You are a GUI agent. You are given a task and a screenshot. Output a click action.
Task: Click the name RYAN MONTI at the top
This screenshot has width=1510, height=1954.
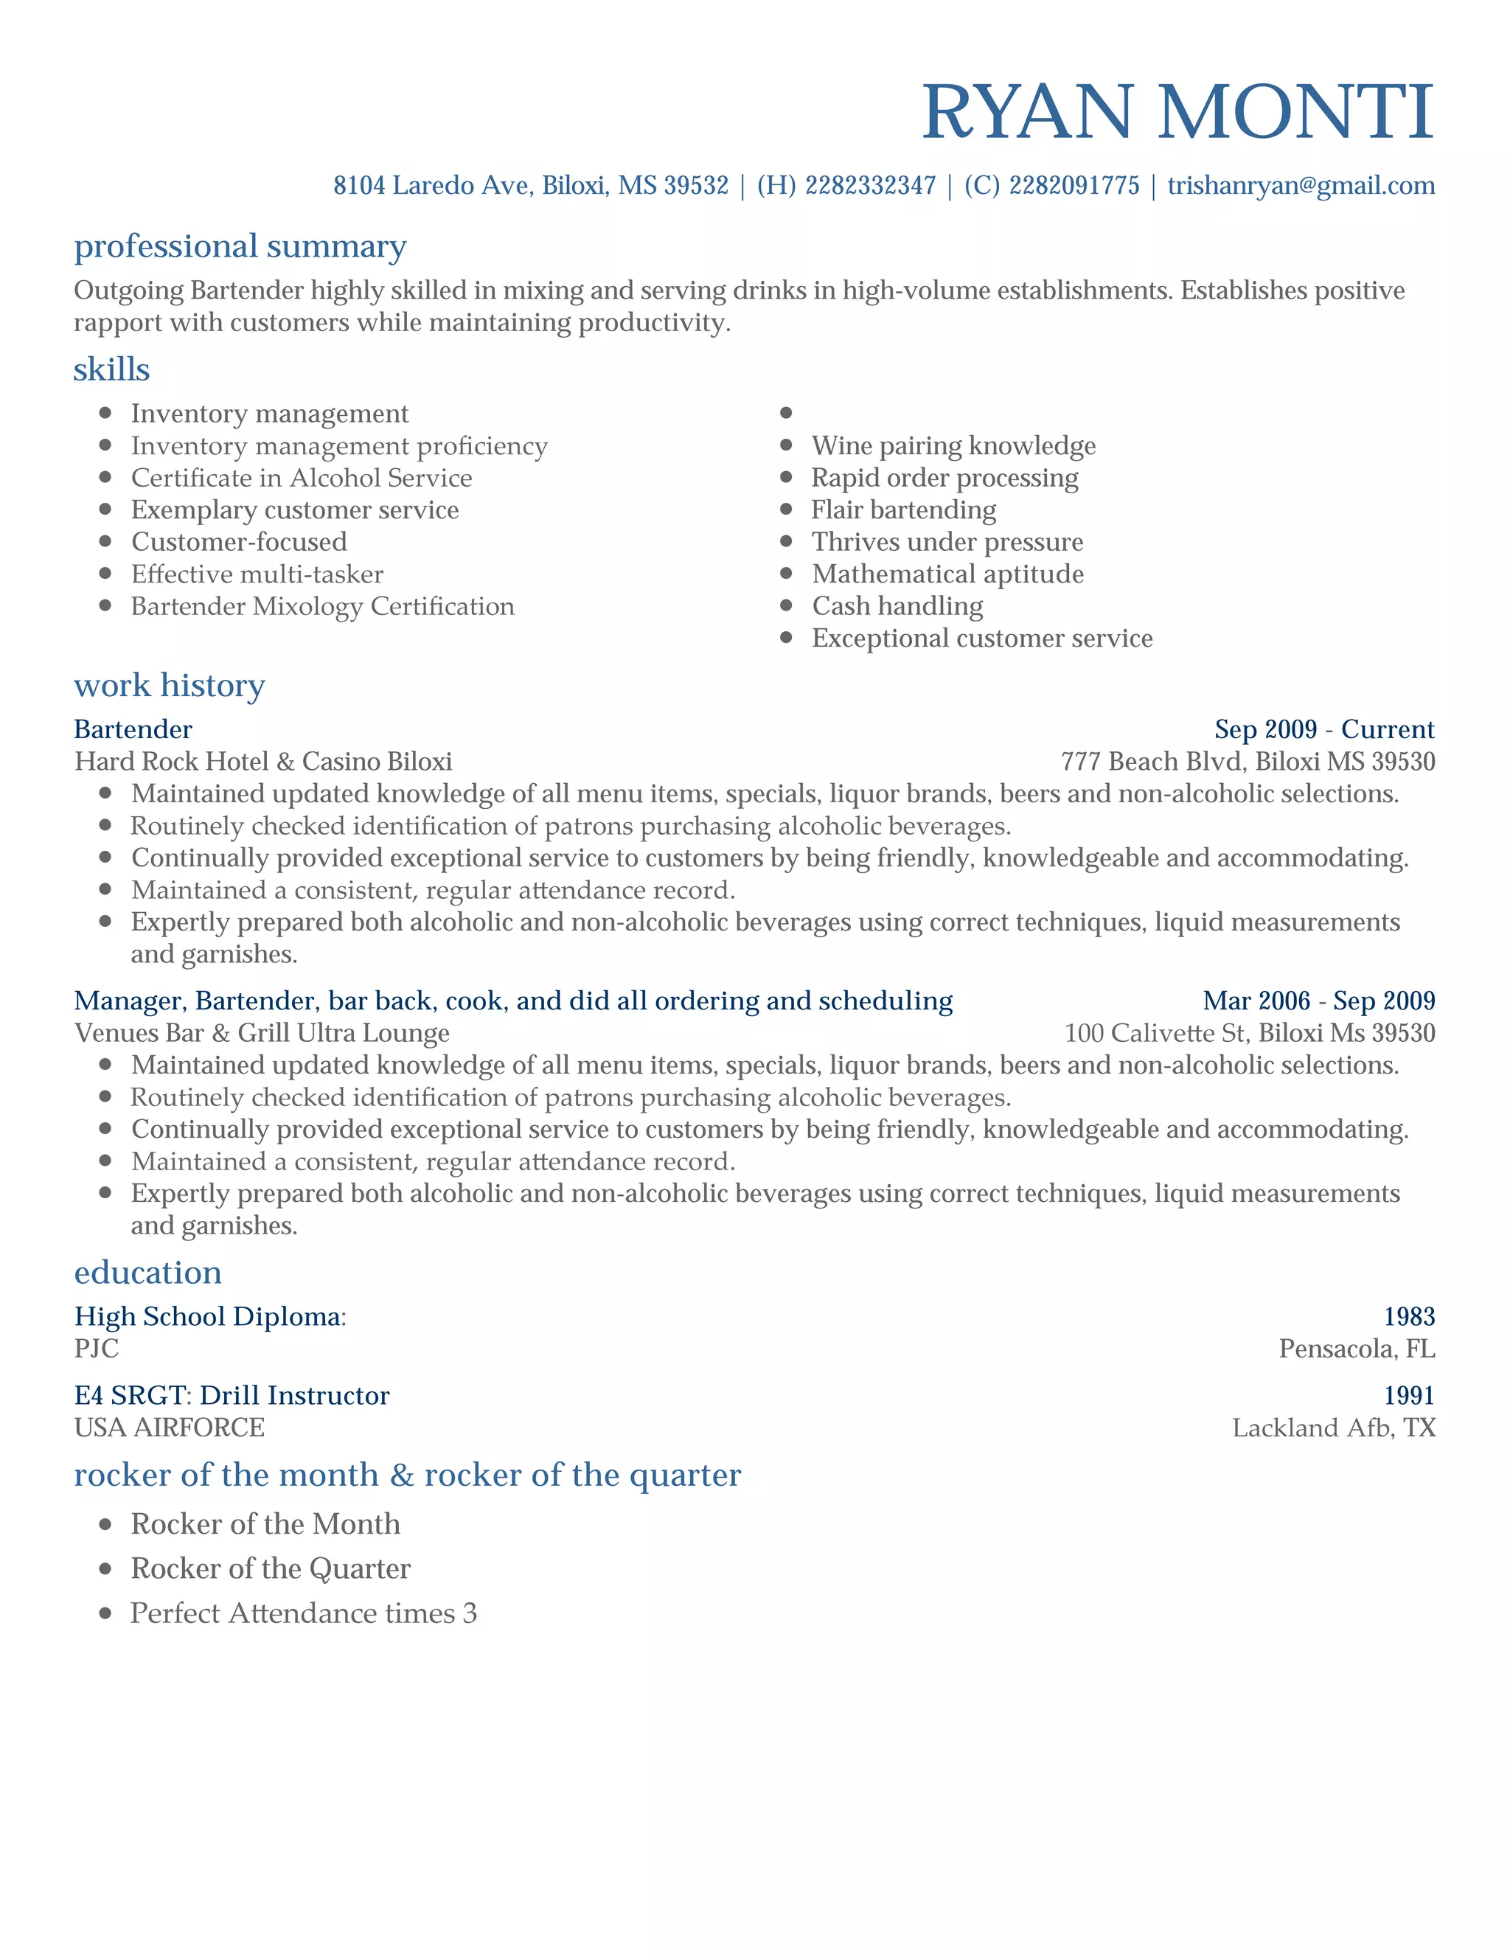[1177, 112]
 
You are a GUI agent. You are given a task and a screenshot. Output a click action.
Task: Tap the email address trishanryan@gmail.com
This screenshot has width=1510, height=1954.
[1301, 185]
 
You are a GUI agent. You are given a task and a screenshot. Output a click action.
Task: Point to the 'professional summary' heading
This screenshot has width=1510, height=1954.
[240, 246]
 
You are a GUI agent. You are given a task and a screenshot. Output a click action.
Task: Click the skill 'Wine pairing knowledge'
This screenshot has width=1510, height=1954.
[953, 445]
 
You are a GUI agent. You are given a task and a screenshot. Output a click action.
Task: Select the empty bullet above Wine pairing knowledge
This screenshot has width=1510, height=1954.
[786, 412]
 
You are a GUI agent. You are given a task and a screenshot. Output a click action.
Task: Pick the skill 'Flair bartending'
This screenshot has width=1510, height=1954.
[902, 510]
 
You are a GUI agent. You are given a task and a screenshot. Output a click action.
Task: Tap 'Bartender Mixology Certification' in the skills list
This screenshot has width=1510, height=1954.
[322, 607]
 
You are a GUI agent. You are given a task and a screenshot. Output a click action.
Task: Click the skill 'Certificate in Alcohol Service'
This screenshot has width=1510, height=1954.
[302, 478]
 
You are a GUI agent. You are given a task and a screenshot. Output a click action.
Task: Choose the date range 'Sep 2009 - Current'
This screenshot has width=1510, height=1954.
[1324, 729]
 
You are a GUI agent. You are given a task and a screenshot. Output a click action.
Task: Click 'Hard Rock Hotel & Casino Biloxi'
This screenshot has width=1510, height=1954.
[263, 762]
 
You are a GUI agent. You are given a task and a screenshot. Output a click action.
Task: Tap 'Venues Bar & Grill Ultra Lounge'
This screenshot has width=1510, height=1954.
[261, 1032]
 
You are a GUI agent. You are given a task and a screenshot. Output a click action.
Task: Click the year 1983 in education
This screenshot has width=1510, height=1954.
[1409, 1316]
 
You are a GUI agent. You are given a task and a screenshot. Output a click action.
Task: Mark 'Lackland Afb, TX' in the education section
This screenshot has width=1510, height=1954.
[1333, 1427]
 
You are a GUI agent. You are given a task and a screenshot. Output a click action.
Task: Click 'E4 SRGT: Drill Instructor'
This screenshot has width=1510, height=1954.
[232, 1395]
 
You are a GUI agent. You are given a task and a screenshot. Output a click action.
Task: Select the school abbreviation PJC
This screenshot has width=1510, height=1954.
[96, 1349]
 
